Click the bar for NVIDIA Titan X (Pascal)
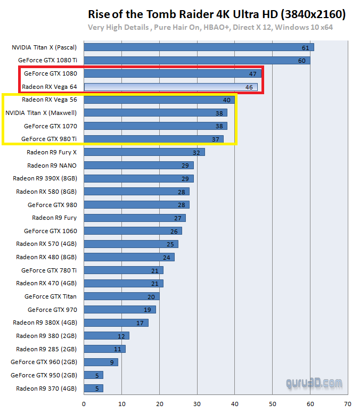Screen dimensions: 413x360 pyautogui.click(x=198, y=47)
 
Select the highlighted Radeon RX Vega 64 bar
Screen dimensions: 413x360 pyautogui.click(x=170, y=86)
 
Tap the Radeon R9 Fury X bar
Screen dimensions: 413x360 pyautogui.click(x=144, y=152)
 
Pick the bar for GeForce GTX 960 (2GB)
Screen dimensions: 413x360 pyautogui.click(x=101, y=362)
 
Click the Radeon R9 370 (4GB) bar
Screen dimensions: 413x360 pyautogui.click(x=93, y=388)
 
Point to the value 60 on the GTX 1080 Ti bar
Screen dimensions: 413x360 pyautogui.click(x=302, y=61)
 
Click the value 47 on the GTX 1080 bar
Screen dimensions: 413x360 pyautogui.click(x=252, y=73)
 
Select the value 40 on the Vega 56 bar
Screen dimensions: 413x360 pyautogui.click(x=227, y=100)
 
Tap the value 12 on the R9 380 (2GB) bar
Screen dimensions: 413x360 pyautogui.click(x=121, y=336)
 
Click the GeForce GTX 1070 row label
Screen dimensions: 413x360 pyautogui.click(x=51, y=126)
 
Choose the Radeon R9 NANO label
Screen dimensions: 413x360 pyautogui.click(x=52, y=166)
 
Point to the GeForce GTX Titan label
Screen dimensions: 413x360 pyautogui.click(x=51, y=296)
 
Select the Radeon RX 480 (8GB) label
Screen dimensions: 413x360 pyautogui.click(x=46, y=257)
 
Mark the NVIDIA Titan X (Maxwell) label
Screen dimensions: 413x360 pyautogui.click(x=41, y=113)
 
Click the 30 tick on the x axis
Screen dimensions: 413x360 pyautogui.click(x=197, y=403)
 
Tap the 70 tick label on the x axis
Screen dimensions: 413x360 pyautogui.click(x=348, y=403)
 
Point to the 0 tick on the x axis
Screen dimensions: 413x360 pyautogui.click(x=84, y=403)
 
